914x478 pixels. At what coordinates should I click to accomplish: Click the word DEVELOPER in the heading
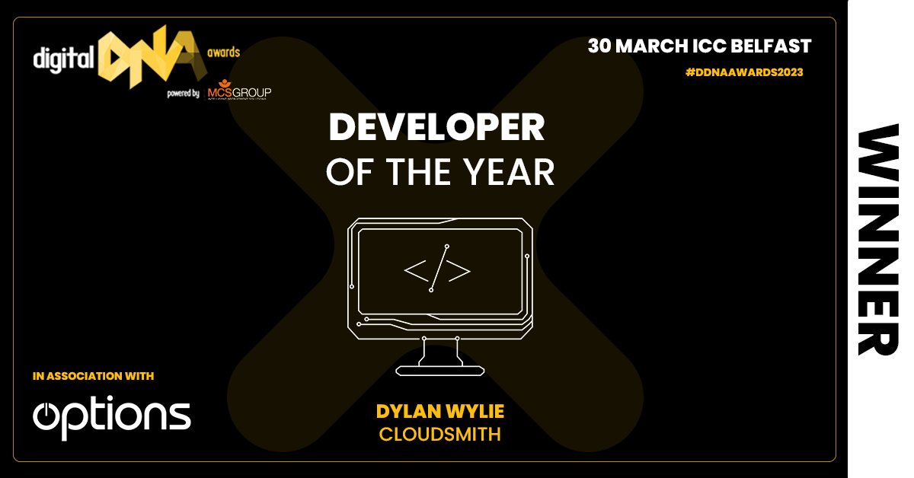[436, 128]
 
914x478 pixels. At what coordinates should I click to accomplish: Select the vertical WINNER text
[878, 240]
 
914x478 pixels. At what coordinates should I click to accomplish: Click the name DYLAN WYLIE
[440, 412]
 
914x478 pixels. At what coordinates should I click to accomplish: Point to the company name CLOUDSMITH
[440, 435]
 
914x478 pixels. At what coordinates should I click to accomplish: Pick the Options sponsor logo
[112, 416]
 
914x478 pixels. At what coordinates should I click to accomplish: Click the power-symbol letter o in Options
[47, 416]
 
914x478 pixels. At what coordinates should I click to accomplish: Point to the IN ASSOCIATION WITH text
[94, 376]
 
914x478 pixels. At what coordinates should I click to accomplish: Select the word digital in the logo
[63, 58]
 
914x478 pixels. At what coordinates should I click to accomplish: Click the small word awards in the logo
[223, 53]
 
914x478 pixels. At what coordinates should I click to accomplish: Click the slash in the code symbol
[439, 268]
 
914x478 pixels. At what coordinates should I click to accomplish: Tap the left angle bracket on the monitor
[416, 271]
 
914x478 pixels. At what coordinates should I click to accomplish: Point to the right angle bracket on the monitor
[459, 271]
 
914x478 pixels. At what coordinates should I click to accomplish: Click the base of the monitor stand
[440, 370]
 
